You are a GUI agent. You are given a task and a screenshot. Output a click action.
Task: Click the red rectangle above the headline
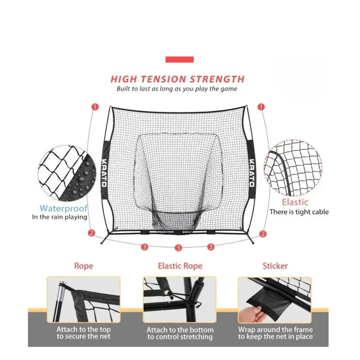click(x=179, y=59)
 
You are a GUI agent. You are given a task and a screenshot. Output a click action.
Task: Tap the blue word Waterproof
click(x=64, y=208)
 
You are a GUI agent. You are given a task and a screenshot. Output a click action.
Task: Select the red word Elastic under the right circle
click(x=295, y=202)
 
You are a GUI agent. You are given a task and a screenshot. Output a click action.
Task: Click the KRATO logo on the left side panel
click(x=104, y=173)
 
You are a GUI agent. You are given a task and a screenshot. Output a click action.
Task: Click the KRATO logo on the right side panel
click(x=251, y=173)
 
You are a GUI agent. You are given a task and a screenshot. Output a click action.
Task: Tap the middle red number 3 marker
click(x=178, y=248)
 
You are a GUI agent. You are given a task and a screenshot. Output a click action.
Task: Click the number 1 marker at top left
click(x=95, y=107)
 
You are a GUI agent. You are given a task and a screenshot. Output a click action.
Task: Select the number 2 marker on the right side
click(x=263, y=234)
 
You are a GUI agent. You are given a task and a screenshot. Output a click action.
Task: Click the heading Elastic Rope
click(x=180, y=266)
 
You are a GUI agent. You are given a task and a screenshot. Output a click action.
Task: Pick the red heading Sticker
click(x=275, y=266)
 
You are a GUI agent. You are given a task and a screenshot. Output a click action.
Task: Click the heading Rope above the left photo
click(x=84, y=266)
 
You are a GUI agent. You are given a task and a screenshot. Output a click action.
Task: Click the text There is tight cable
click(x=299, y=212)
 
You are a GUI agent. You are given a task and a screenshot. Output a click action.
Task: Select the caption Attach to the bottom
click(x=180, y=330)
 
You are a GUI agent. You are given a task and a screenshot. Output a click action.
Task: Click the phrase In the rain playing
click(x=59, y=217)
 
